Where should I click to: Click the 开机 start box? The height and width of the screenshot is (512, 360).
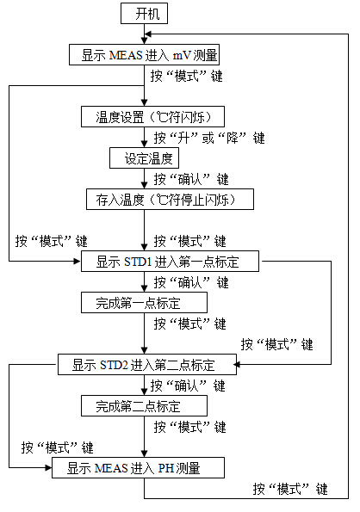coord(144,14)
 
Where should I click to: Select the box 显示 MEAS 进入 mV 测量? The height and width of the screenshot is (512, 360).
coord(144,54)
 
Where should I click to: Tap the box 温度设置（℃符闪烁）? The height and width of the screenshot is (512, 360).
coord(152,116)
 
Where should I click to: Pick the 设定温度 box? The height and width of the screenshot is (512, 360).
coord(144,158)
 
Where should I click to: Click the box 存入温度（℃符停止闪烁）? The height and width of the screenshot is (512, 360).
coord(170,199)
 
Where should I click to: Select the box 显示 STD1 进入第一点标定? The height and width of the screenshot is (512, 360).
coord(170,262)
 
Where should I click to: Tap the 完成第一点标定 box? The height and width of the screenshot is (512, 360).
coord(144,303)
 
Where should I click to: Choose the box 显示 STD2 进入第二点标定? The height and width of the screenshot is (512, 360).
coord(147,364)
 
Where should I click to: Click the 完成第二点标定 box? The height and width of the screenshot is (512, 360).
coord(144,406)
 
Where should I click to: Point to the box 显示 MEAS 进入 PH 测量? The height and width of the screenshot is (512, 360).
coord(138,467)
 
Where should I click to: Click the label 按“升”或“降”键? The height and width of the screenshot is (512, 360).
coord(209,138)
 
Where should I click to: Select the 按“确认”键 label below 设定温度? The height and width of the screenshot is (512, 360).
coord(191,179)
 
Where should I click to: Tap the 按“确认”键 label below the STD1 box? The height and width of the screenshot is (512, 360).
coord(191,282)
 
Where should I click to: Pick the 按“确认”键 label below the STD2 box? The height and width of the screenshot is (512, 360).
coord(188,386)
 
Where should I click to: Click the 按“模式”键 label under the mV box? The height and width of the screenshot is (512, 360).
coord(187,76)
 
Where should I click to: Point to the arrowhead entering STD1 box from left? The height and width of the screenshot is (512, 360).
coord(78,262)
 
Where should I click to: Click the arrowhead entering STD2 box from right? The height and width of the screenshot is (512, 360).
coord(237,364)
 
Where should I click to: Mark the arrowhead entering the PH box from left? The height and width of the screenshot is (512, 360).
coord(48,467)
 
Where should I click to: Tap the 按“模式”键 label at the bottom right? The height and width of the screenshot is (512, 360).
coord(290,489)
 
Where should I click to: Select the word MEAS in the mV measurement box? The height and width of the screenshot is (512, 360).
coord(126,55)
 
